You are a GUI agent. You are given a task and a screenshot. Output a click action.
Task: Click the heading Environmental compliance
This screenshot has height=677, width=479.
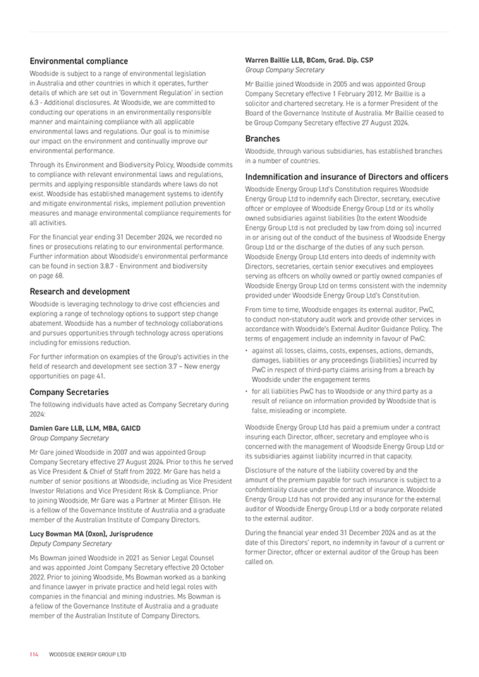(78, 61)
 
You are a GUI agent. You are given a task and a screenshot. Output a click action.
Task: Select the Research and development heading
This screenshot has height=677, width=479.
(80, 291)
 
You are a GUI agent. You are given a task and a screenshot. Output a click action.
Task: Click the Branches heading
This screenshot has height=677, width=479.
(262, 138)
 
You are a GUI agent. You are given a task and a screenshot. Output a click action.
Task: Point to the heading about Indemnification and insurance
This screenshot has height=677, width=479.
(346, 176)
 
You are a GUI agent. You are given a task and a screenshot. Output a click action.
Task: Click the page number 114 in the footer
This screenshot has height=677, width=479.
(34, 654)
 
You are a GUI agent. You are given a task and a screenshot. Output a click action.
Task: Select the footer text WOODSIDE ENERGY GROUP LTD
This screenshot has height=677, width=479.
(87, 654)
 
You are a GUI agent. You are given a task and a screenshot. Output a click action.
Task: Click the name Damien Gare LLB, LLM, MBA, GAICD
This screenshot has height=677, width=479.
(85, 428)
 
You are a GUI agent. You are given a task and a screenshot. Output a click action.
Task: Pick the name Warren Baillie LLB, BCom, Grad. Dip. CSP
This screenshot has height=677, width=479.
(309, 61)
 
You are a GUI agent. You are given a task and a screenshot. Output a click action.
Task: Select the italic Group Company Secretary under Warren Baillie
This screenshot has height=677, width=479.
(284, 71)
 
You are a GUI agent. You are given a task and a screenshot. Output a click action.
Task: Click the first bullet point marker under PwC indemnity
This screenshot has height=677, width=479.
(247, 350)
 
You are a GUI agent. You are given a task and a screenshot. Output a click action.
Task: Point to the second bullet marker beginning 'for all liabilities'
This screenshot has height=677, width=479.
(247, 391)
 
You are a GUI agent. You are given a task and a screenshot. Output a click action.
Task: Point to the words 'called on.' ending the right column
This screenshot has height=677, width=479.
(260, 562)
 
